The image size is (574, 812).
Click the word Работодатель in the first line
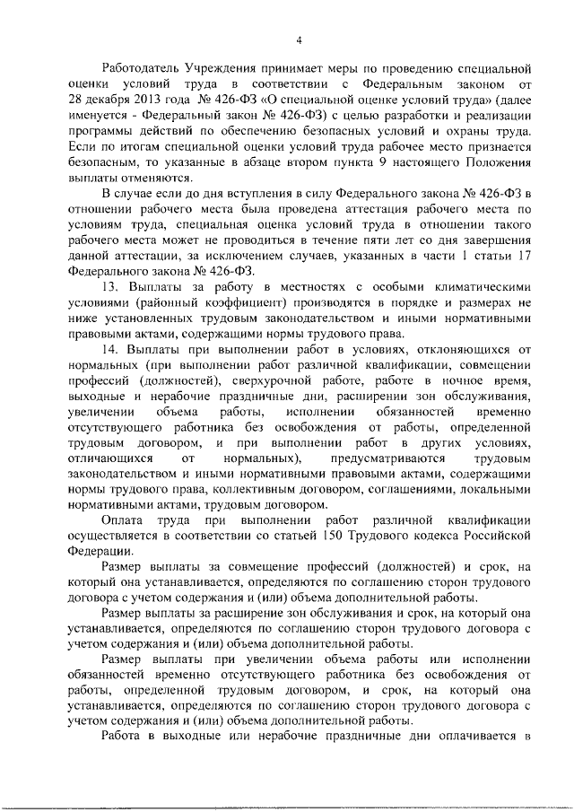141,69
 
